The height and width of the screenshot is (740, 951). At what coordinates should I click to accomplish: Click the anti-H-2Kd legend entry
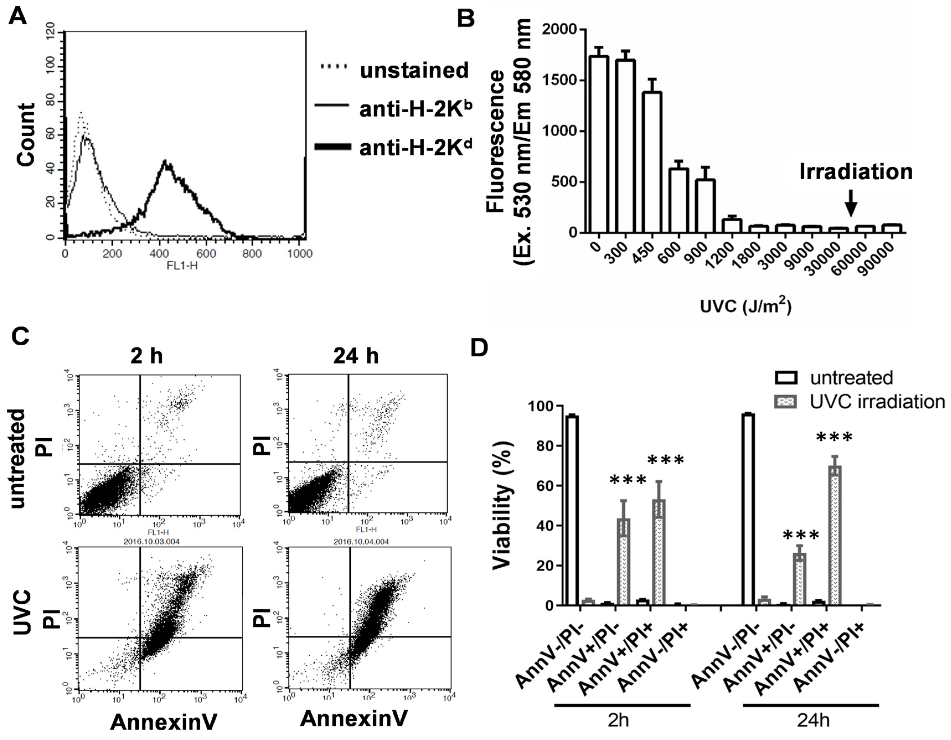click(x=415, y=148)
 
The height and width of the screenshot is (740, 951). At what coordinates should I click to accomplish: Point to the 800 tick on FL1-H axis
click(x=252, y=253)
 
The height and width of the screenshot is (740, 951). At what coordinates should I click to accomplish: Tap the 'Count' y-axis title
click(x=26, y=135)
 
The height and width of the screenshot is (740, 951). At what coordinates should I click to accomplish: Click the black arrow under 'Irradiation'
click(x=851, y=204)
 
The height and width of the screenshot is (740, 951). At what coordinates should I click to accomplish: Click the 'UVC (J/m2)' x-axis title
click(x=745, y=306)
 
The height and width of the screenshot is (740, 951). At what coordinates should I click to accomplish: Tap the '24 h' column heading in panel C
click(x=356, y=356)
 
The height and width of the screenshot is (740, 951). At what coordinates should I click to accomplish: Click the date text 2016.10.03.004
click(x=151, y=542)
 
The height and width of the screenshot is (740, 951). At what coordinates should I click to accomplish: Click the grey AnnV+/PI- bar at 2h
click(x=624, y=562)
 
